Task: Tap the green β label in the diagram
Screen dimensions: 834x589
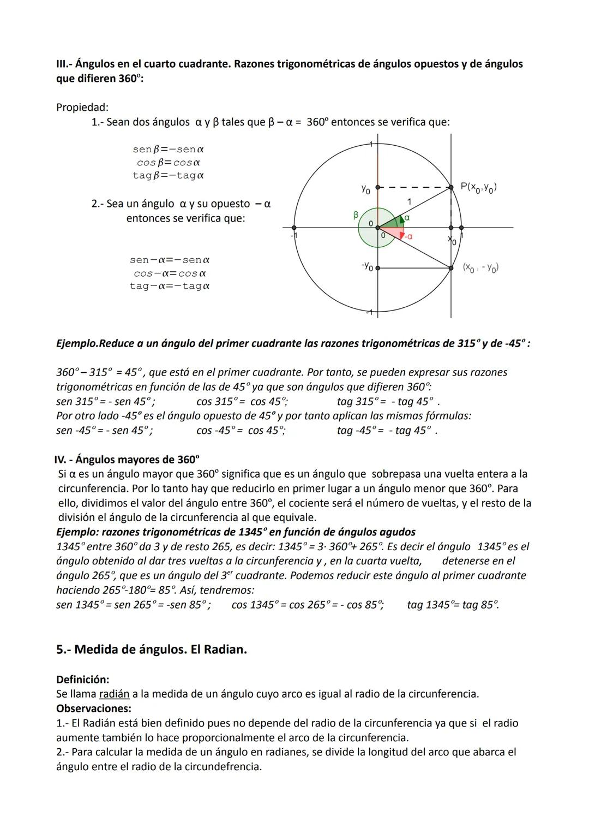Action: click(356, 215)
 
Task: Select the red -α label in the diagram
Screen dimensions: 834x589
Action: click(407, 236)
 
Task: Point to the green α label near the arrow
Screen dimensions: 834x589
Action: click(407, 217)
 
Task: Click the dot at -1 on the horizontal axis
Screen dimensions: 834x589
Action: click(294, 228)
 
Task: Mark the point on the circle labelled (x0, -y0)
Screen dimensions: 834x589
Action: click(451, 268)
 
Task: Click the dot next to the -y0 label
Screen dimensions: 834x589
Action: click(378, 268)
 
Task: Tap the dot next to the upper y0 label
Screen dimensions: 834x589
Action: click(378, 187)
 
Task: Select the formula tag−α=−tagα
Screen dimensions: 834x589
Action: click(170, 286)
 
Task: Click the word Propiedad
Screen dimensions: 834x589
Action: click(82, 108)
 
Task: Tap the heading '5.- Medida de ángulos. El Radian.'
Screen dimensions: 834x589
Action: click(152, 650)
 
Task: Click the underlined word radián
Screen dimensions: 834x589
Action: click(114, 694)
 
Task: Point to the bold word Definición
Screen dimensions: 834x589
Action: click(83, 680)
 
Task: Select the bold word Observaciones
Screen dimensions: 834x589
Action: click(94, 708)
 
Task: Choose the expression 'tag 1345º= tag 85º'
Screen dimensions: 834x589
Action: click(453, 605)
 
